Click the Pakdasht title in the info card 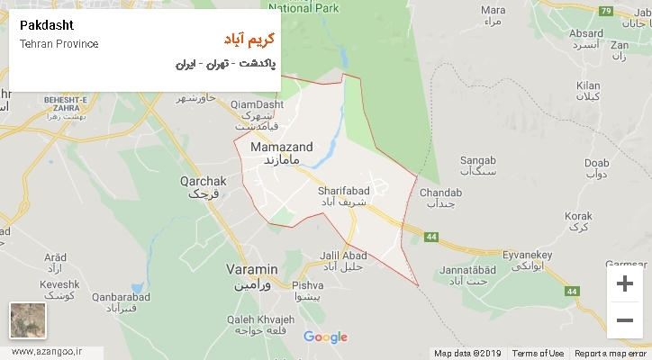43,25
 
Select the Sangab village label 477,161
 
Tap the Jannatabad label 466,269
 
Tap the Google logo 325,337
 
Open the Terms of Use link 538,353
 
